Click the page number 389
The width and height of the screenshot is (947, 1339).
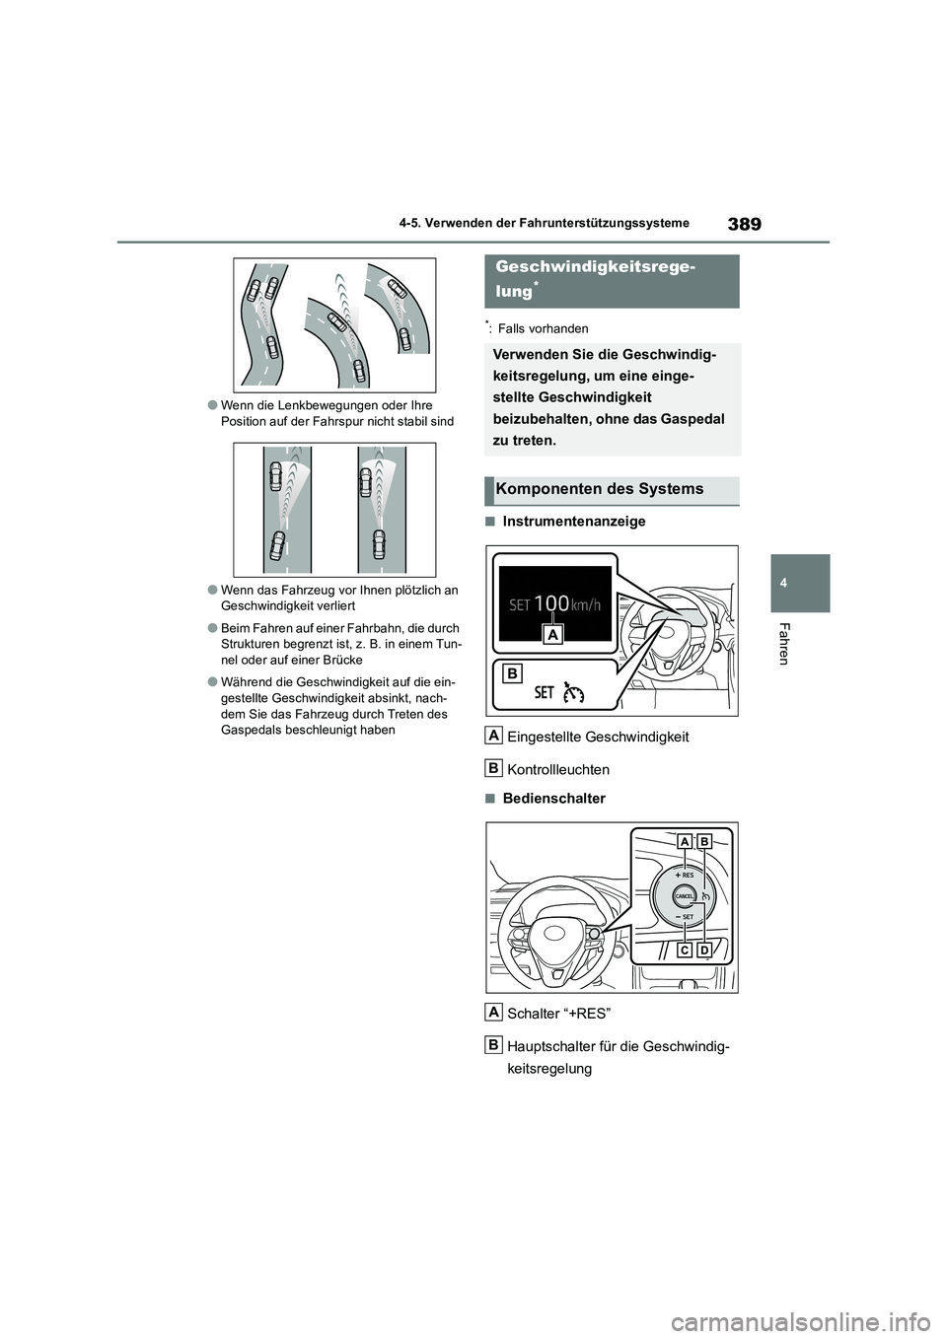click(x=746, y=224)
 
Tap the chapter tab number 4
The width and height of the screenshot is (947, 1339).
click(x=801, y=583)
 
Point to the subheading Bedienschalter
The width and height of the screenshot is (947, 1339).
click(x=553, y=799)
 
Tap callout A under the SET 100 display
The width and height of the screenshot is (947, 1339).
click(x=553, y=635)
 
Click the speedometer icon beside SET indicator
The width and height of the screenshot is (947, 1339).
click(x=574, y=692)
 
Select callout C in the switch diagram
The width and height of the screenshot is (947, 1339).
click(x=684, y=950)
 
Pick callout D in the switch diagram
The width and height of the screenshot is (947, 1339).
click(x=703, y=950)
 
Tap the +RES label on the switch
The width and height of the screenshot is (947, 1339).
click(x=685, y=875)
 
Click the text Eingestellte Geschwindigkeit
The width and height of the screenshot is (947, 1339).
click(x=598, y=737)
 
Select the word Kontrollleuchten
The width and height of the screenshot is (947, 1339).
click(x=557, y=769)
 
